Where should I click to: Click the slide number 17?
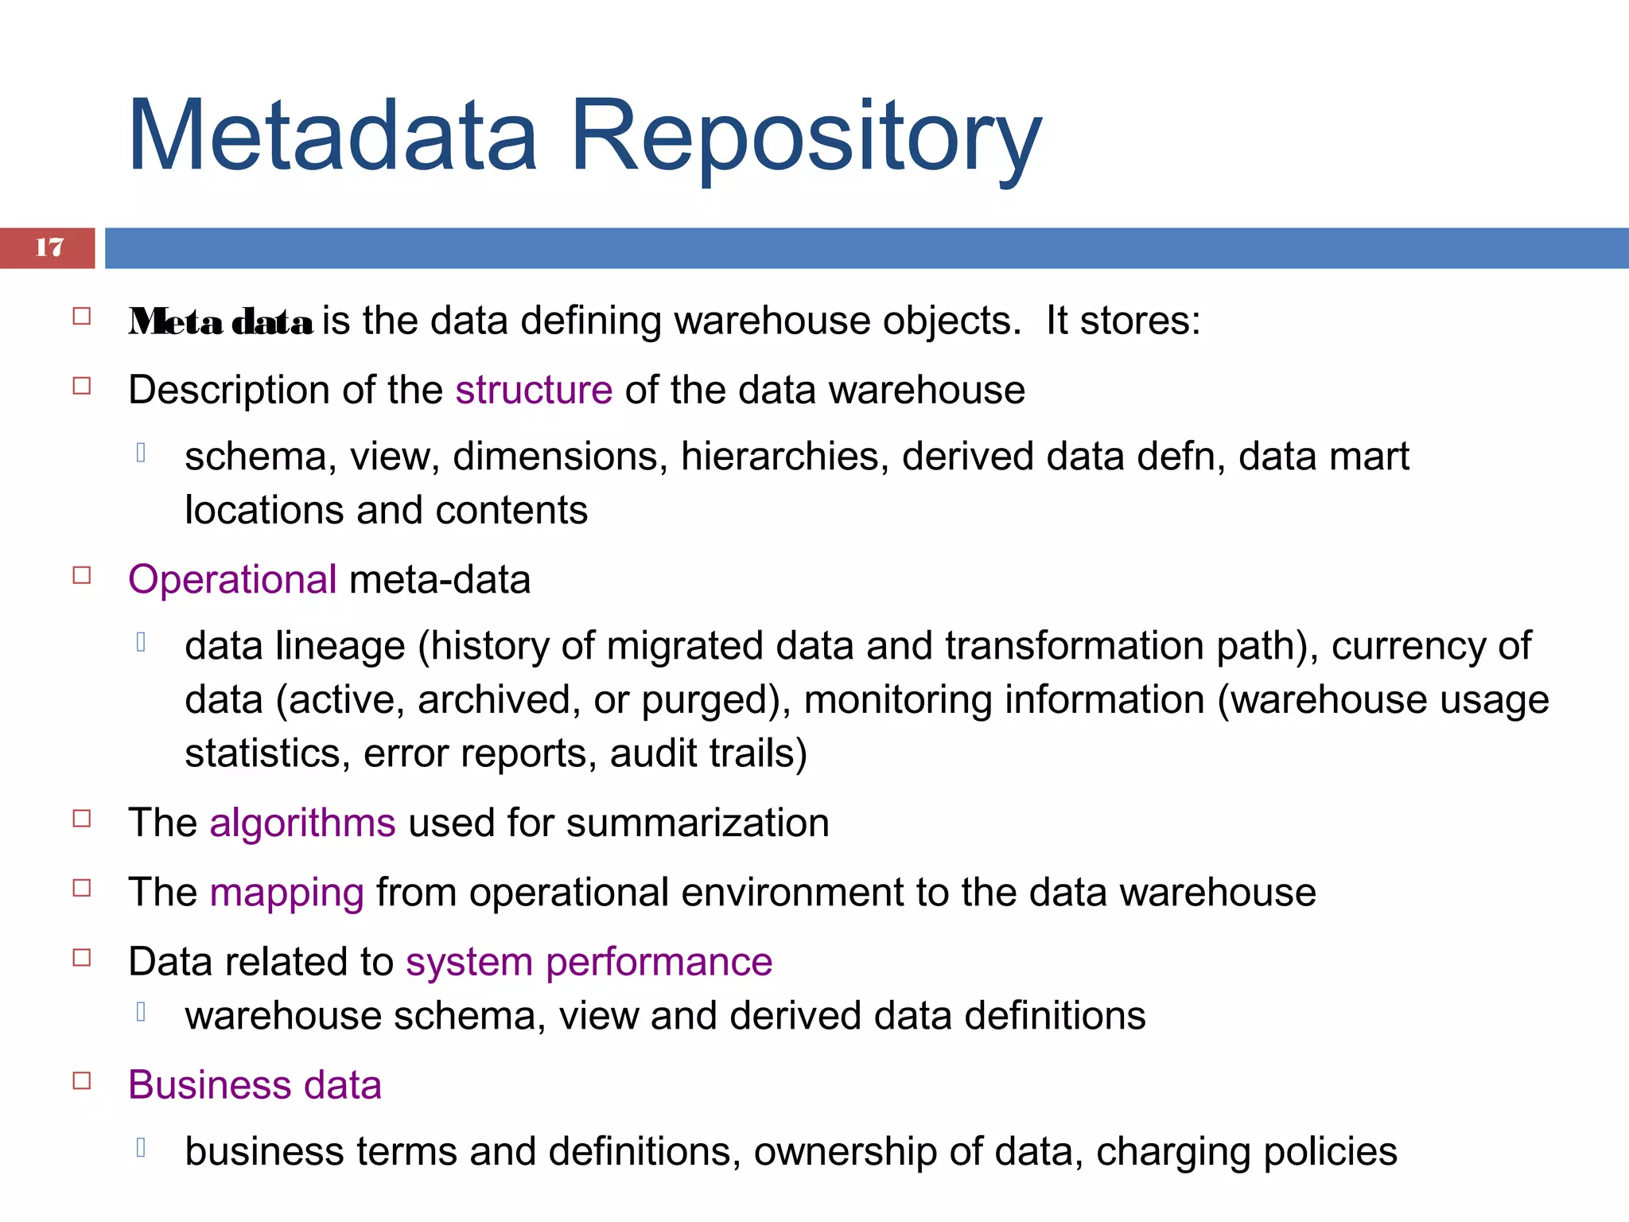(x=49, y=247)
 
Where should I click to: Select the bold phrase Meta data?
(x=221, y=322)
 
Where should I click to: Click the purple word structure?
(x=534, y=391)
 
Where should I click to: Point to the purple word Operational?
(x=232, y=579)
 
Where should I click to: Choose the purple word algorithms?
(x=302, y=823)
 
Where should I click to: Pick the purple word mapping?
(x=286, y=893)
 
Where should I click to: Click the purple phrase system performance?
(x=589, y=962)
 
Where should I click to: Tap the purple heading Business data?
(x=255, y=1085)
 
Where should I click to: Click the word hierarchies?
(x=784, y=457)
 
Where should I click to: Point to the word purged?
(x=710, y=700)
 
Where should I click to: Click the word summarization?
(x=698, y=823)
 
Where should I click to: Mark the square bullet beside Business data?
(x=82, y=1080)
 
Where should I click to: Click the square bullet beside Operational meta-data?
(x=82, y=574)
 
